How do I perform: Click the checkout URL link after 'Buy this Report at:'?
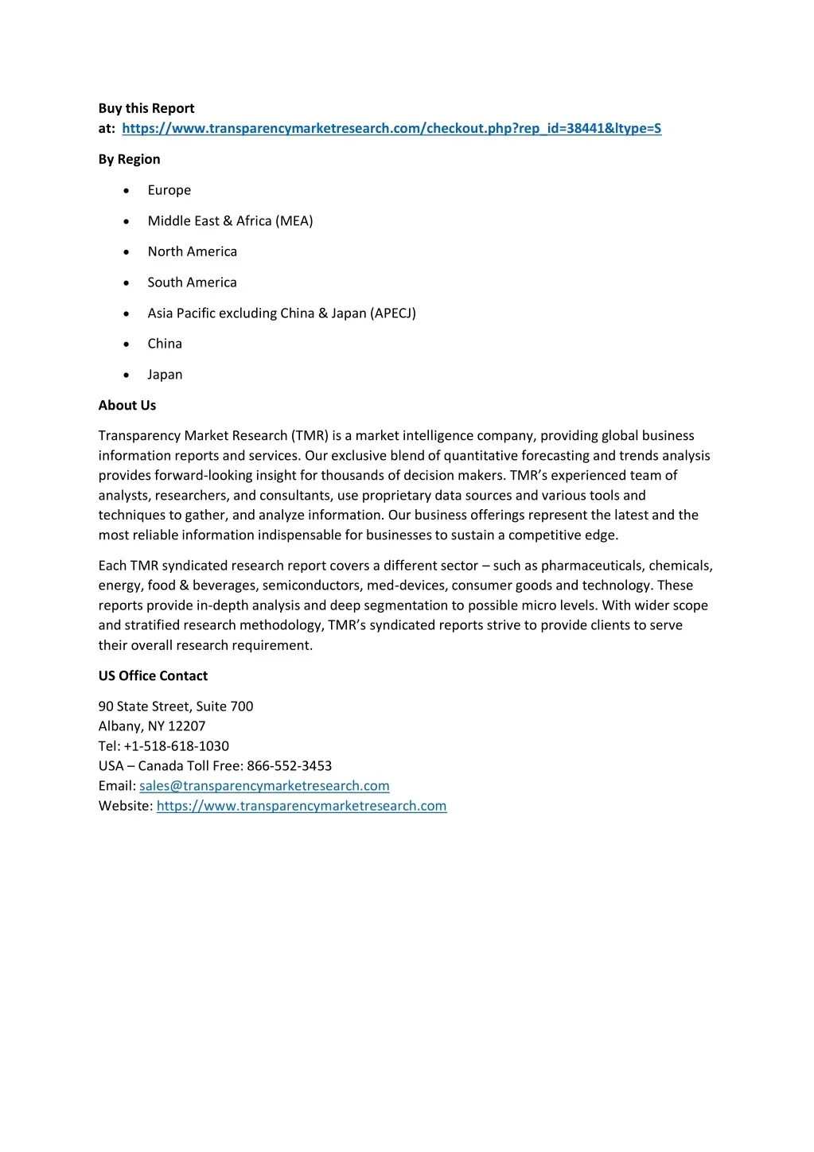click(391, 128)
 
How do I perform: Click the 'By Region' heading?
click(129, 159)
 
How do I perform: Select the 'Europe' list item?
click(169, 190)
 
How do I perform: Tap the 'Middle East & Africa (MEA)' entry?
click(230, 220)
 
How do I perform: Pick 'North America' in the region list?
click(192, 251)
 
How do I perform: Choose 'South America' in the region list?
click(192, 282)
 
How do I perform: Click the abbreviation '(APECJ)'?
click(393, 313)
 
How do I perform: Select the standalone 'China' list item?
click(165, 344)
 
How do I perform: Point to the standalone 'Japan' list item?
click(165, 375)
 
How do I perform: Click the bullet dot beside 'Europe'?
click(127, 191)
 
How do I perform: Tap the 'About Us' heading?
click(127, 405)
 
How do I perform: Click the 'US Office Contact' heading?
click(153, 675)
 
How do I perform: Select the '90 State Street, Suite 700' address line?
click(176, 706)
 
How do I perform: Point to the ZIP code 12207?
click(186, 726)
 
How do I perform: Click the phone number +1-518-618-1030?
click(177, 745)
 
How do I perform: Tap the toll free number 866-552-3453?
click(290, 765)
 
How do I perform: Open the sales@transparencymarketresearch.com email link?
click(264, 786)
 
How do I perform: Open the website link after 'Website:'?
click(302, 806)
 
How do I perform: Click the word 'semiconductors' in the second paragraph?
click(311, 586)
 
